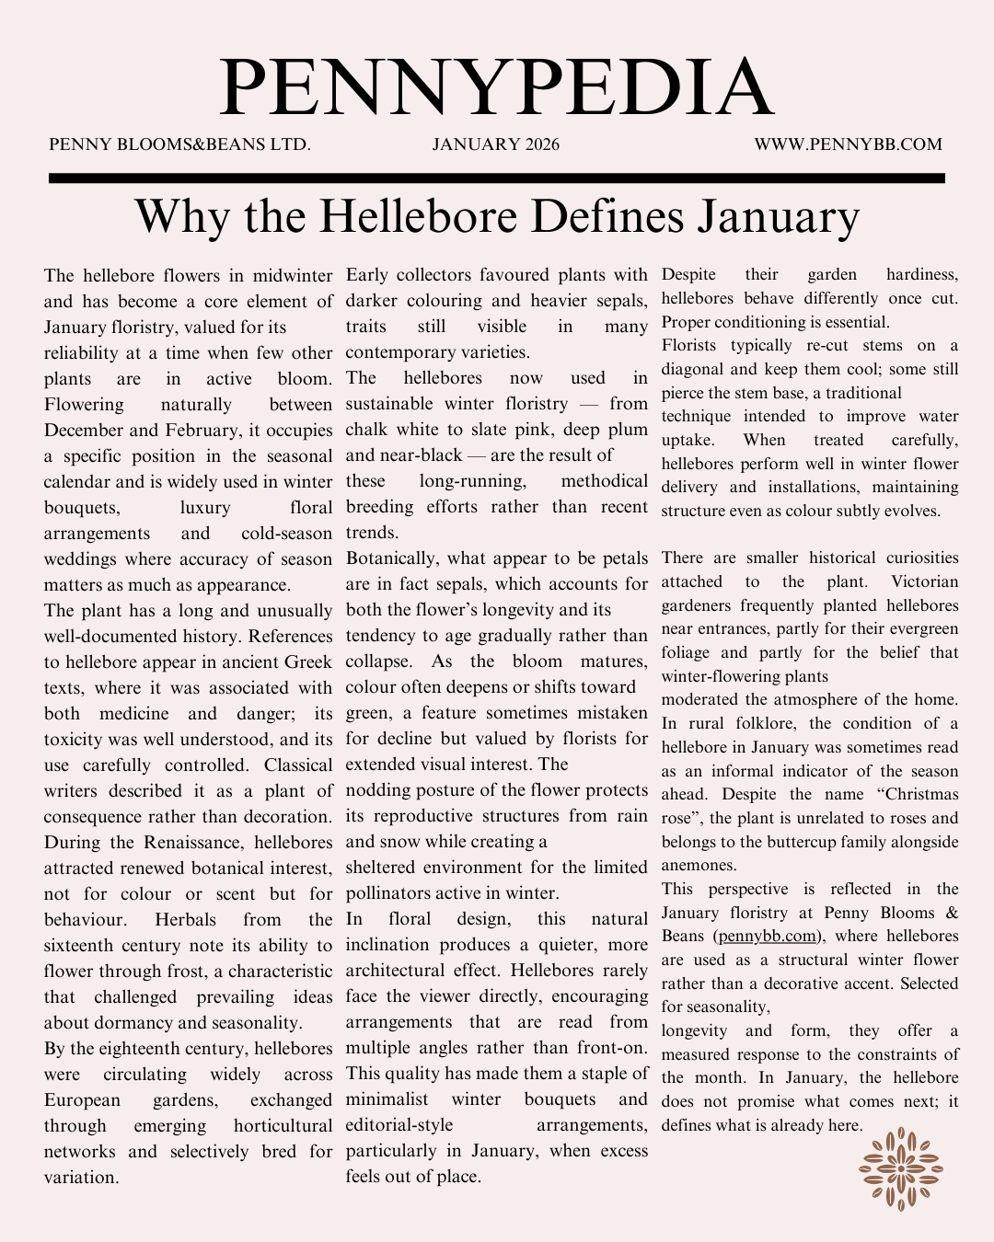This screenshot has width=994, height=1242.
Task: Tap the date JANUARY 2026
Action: (x=496, y=144)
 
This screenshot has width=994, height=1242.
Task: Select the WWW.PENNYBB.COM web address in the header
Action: (x=848, y=144)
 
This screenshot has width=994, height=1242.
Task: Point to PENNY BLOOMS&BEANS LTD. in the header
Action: (x=179, y=144)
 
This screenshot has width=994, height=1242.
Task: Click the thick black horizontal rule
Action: (x=496, y=178)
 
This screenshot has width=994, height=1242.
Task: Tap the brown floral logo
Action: (x=901, y=1168)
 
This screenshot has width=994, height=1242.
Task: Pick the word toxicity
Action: (x=79, y=740)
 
